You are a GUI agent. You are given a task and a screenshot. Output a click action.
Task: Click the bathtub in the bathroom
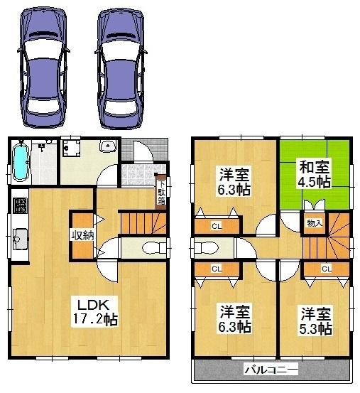coord(21,163)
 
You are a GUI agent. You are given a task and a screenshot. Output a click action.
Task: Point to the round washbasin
coord(108,147)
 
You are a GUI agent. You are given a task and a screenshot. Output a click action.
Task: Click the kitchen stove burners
coord(19,208)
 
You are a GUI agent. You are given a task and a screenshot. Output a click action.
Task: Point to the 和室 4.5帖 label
coord(313,175)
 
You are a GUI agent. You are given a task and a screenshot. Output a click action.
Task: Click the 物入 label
coord(314,223)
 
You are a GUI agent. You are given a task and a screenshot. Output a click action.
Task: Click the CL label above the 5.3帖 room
coord(326,268)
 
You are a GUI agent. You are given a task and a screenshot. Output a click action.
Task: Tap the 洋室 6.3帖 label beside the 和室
coord(233,183)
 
